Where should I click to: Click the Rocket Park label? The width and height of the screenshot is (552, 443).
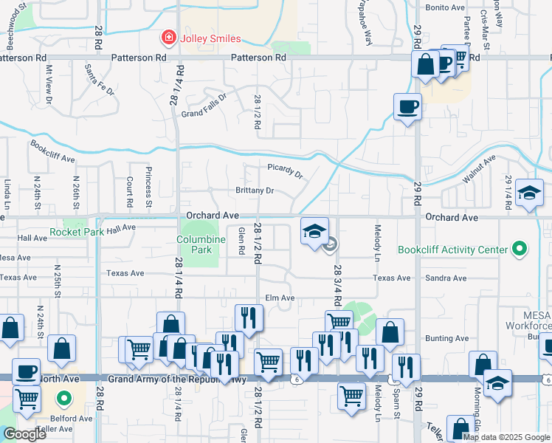(x=76, y=232)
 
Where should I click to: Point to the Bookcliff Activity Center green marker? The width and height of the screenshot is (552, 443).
(x=520, y=250)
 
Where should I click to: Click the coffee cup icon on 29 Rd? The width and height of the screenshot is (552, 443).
(x=407, y=108)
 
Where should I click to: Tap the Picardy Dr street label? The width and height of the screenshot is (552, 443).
(x=285, y=171)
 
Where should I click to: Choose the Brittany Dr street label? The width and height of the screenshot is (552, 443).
(x=255, y=190)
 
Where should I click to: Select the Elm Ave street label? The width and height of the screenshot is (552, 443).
(x=280, y=298)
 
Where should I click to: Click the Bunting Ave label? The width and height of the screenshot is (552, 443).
(x=446, y=338)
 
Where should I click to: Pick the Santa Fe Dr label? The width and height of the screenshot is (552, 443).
(x=99, y=80)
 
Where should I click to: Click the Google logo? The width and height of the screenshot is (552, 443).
(x=24, y=434)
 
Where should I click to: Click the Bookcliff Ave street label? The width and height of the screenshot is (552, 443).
(x=52, y=152)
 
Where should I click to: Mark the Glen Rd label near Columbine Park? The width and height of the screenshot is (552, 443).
(x=241, y=241)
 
